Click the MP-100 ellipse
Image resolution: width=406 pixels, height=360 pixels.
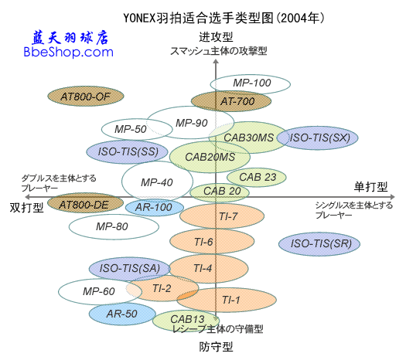pos(251,83)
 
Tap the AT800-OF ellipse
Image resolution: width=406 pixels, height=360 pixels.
pos(75,97)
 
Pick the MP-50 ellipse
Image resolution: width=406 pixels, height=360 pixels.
pos(125,129)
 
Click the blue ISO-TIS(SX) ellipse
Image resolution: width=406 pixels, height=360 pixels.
pos(319,138)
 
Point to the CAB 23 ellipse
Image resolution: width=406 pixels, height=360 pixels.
pos(257,177)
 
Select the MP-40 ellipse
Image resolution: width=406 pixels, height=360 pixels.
pos(157,182)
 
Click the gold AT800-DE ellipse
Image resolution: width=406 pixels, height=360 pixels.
pos(85,204)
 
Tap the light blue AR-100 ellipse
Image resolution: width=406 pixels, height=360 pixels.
pos(153,207)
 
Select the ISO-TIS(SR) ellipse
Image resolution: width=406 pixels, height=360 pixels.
pos(319,244)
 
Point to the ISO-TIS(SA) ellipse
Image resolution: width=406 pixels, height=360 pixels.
pos(128,268)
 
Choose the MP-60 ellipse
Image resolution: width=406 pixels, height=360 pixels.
pos(98,291)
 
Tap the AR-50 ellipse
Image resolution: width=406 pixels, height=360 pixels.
pos(121,314)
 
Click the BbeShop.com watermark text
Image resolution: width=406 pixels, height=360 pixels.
pos(69,53)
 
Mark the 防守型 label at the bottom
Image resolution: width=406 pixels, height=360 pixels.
pos(216,347)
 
